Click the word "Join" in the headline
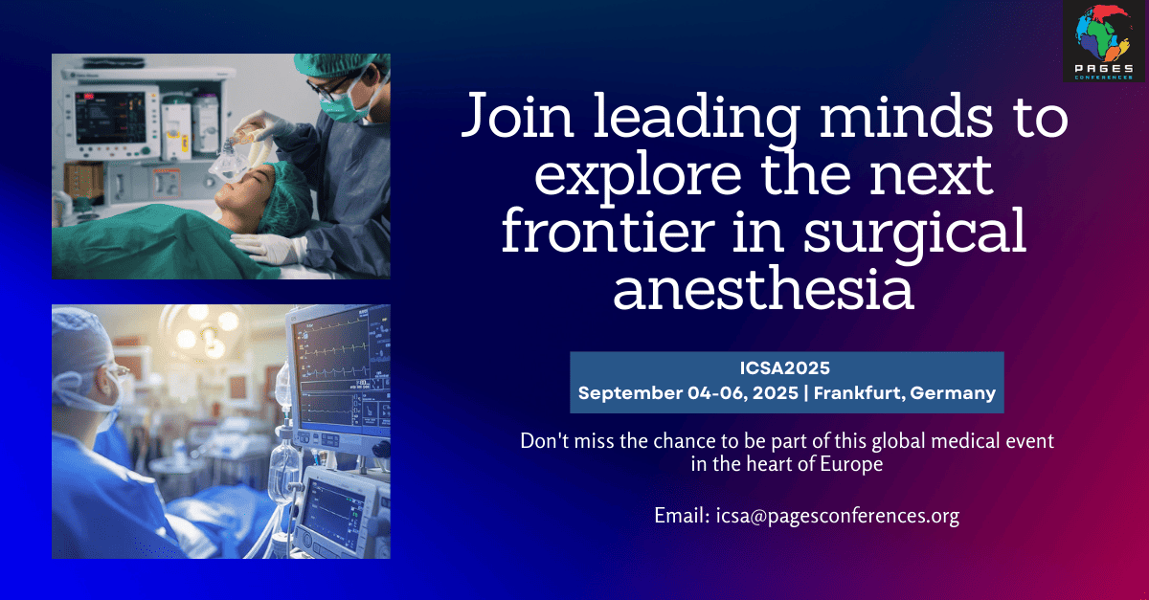click(517, 116)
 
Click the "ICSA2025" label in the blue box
click(785, 368)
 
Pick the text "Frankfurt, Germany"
click(905, 393)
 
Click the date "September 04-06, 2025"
click(687, 393)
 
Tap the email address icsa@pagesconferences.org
click(838, 516)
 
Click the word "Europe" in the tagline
click(851, 464)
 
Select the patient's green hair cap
click(286, 197)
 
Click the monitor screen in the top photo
click(110, 118)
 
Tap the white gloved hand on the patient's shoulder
click(268, 248)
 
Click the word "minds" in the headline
click(906, 116)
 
